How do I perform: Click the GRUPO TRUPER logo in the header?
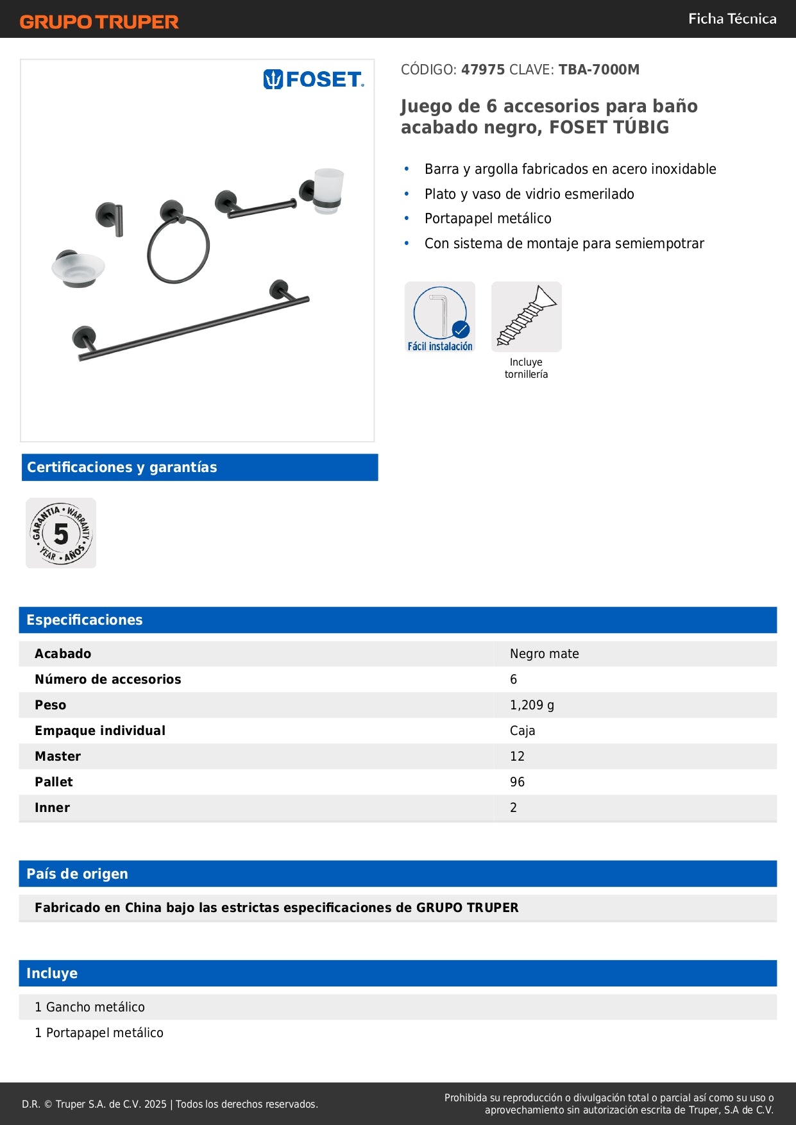point(99,22)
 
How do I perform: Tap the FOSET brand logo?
point(313,80)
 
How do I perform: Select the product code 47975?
point(483,69)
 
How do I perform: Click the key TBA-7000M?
point(598,69)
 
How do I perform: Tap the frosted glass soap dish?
point(78,267)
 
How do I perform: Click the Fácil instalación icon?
point(440,317)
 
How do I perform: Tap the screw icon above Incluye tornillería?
point(526,317)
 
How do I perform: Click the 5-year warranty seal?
point(61,533)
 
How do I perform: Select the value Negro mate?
point(544,654)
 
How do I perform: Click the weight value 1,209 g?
point(532,705)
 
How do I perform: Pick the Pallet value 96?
point(517,782)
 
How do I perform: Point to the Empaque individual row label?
point(100,731)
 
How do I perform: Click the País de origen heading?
point(77,874)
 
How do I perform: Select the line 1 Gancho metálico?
point(90,1007)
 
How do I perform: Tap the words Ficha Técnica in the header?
point(732,19)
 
